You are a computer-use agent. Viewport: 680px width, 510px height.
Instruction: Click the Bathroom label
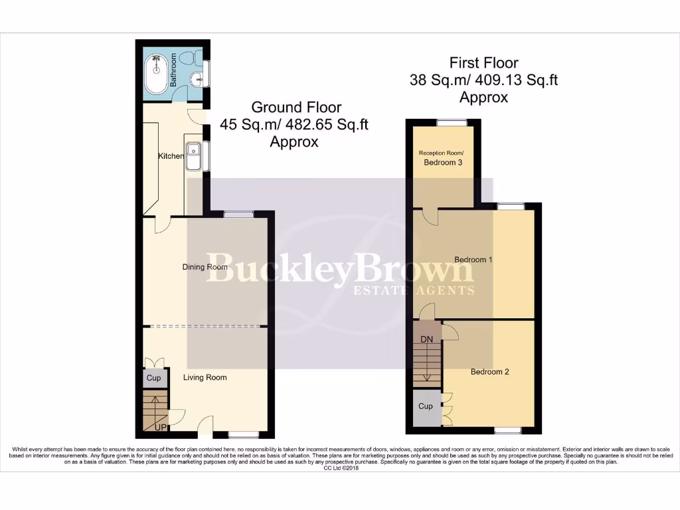tap(173, 71)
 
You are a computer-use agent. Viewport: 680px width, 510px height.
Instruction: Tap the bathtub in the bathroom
tap(157, 71)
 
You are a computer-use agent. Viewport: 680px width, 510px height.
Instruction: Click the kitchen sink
tap(194, 157)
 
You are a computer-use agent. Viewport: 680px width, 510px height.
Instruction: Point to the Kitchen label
tap(171, 156)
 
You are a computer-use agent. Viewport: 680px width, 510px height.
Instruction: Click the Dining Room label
tap(205, 267)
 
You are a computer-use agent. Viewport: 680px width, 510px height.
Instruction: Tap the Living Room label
tap(205, 377)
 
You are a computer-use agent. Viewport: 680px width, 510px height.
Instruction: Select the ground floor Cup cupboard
tap(153, 378)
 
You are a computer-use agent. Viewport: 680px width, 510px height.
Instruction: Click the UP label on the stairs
tap(160, 427)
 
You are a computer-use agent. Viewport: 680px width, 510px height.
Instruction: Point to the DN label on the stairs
tap(428, 339)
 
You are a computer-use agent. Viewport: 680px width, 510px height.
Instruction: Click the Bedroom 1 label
tap(473, 259)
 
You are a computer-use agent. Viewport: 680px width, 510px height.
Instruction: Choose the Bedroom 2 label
tap(489, 372)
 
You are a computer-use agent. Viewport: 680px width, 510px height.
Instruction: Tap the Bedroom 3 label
tap(443, 162)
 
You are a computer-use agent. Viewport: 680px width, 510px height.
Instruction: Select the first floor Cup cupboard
tap(425, 406)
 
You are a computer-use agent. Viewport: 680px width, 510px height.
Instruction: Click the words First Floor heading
tap(483, 63)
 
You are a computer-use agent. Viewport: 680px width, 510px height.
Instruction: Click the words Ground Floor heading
tap(296, 107)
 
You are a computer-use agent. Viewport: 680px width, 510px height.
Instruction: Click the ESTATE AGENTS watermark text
tap(413, 291)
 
